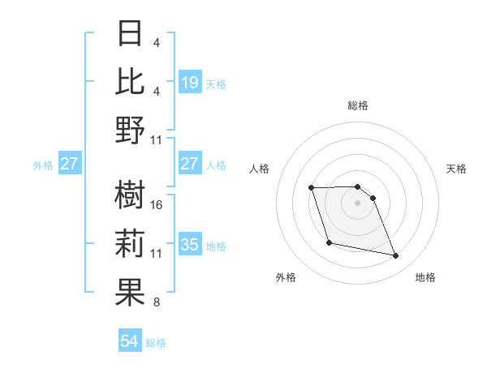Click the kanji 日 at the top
(x=131, y=34)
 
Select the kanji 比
(x=131, y=81)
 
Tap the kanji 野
(x=131, y=130)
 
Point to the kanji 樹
(x=131, y=195)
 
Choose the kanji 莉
(x=131, y=243)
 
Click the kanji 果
(x=131, y=292)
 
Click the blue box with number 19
(x=190, y=82)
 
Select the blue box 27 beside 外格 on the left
(x=69, y=164)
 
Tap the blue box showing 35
(x=190, y=245)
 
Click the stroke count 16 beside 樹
(x=157, y=204)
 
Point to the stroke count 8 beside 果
(x=157, y=302)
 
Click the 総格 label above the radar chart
(x=358, y=105)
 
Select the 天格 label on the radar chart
(x=457, y=169)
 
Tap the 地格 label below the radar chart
(x=425, y=277)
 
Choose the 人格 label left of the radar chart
(x=260, y=169)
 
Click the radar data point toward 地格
(x=396, y=256)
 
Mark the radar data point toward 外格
(x=329, y=242)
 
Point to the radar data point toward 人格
(x=312, y=188)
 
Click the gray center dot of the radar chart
(x=358, y=203)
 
